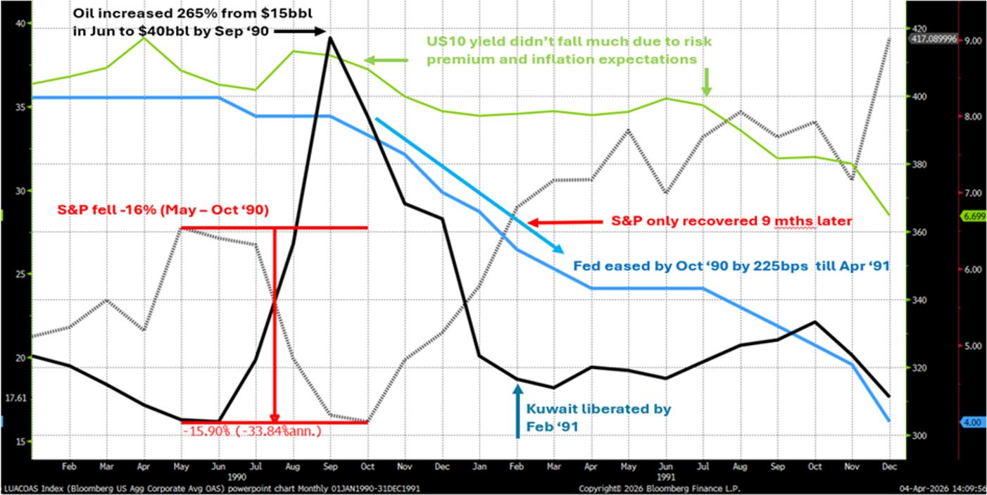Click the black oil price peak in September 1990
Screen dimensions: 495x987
[330, 37]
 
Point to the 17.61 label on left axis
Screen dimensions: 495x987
[15, 397]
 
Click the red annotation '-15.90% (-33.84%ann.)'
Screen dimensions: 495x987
[252, 431]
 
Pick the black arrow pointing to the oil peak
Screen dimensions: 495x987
[298, 31]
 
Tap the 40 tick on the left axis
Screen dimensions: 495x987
[19, 23]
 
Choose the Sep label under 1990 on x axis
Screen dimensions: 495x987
[330, 465]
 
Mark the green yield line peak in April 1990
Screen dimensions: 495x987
[144, 37]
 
